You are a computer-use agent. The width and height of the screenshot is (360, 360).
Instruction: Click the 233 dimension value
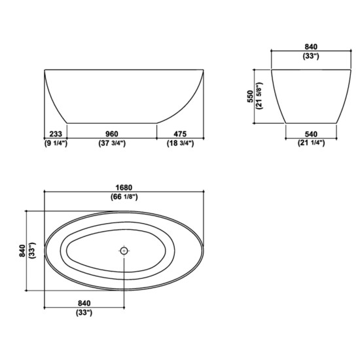point(56,134)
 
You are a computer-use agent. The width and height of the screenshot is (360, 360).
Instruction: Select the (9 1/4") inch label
point(56,143)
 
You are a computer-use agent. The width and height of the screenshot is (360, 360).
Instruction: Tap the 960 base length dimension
point(113,134)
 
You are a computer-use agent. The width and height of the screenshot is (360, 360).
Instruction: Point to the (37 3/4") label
point(113,143)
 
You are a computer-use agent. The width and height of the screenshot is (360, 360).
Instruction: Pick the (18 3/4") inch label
point(179,143)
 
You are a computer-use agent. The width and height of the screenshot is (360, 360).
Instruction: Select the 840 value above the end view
point(310,46)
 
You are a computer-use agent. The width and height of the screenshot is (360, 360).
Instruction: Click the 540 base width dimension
point(311,134)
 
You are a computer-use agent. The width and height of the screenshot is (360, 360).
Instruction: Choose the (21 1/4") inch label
point(311,143)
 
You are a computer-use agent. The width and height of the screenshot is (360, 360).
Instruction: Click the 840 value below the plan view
point(83,303)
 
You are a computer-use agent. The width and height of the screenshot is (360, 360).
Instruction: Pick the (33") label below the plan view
point(83,313)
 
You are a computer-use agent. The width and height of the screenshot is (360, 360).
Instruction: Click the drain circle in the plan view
point(124,250)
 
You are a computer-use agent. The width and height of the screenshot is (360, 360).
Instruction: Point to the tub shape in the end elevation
point(311,95)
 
